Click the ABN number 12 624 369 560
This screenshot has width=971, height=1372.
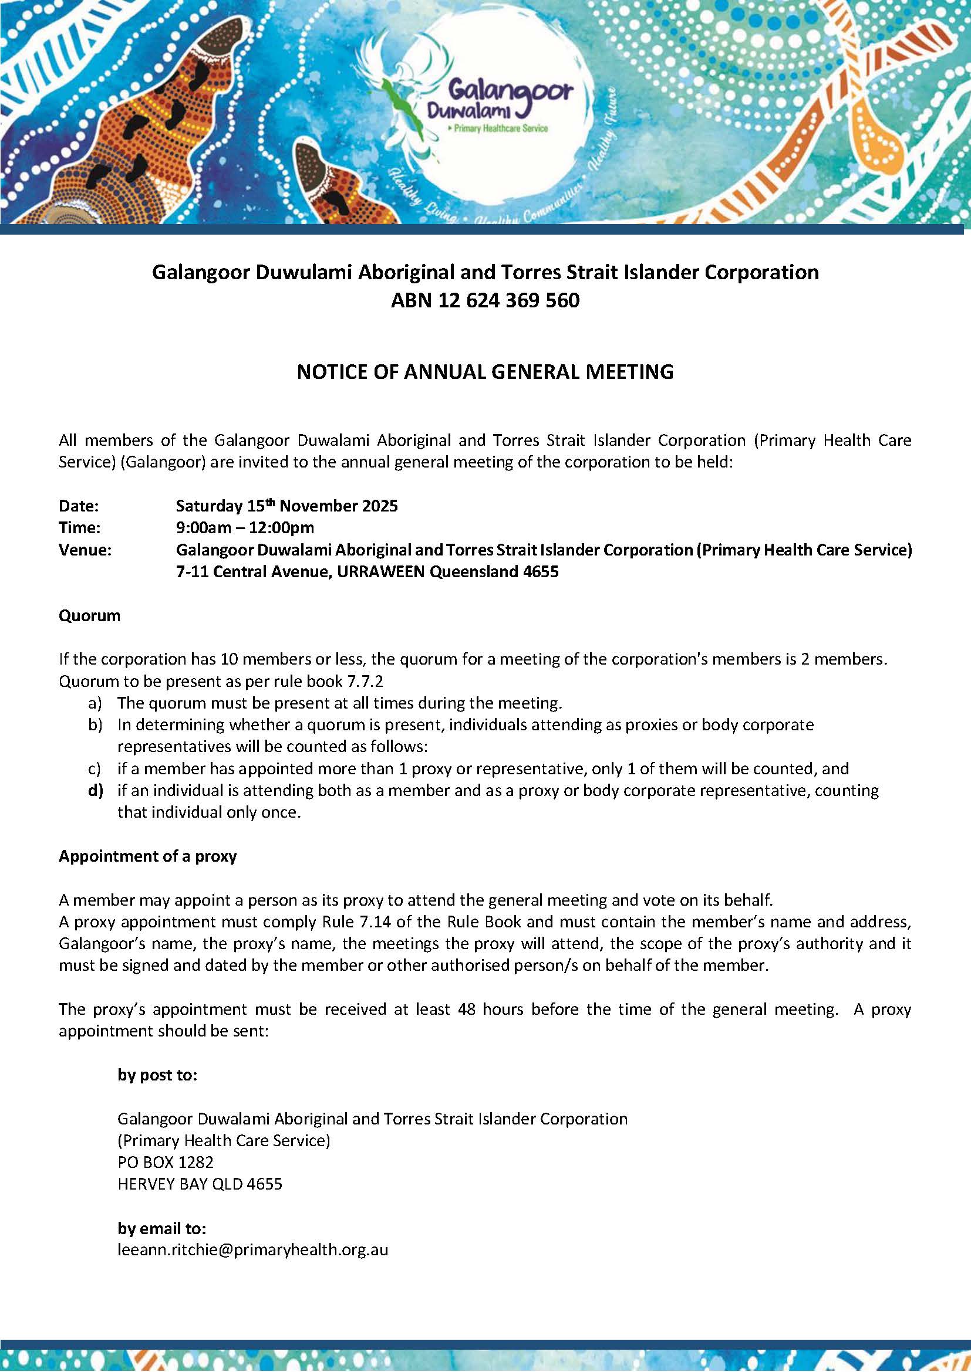point(485,300)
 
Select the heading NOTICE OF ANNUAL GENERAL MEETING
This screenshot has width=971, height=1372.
point(485,372)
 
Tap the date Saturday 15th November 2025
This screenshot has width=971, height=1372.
point(286,506)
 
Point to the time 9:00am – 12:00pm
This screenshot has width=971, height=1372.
point(245,528)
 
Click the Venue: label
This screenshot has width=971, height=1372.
point(86,550)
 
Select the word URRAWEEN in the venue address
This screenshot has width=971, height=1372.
point(380,572)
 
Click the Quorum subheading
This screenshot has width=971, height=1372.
point(89,615)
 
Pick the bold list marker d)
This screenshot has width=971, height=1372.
point(95,791)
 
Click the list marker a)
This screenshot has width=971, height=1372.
point(95,703)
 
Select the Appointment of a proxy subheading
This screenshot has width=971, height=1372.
point(148,856)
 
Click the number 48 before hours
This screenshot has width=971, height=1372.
point(466,1009)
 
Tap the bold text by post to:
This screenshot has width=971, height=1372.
point(157,1075)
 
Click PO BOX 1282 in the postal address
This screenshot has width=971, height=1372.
point(166,1162)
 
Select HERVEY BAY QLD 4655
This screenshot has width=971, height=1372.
point(200,1184)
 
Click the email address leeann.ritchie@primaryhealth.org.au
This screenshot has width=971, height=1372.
point(253,1249)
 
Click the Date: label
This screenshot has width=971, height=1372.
point(79,506)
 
